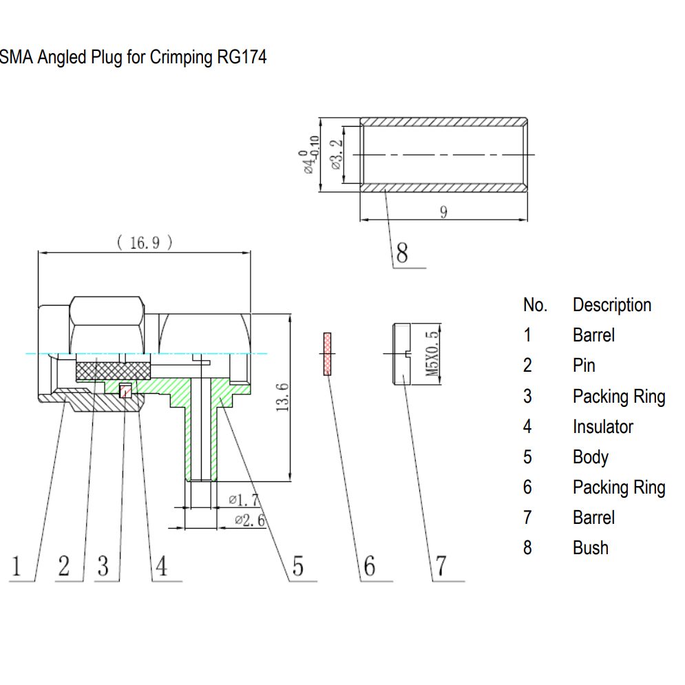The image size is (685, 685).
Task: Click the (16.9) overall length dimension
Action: coord(144,242)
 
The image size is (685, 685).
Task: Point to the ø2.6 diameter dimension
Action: coord(249,520)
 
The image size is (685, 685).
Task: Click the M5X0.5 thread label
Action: coord(432,353)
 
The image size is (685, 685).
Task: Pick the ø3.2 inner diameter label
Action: coord(336,155)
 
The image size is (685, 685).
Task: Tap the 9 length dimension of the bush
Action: coord(443,212)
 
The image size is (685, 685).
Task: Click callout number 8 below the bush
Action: coord(401,253)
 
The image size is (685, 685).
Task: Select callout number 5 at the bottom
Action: coord(297,566)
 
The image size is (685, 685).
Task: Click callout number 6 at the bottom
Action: coord(370,566)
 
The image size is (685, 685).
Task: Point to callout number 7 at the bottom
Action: coord(441,566)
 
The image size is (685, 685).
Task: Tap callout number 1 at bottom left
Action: coord(17,566)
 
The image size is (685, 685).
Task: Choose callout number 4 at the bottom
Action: coord(160,566)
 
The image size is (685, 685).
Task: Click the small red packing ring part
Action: coord(327,354)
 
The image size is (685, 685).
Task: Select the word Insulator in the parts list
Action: coord(602,427)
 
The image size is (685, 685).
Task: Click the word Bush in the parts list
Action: coord(590,548)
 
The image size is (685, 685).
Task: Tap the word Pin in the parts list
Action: coord(583,366)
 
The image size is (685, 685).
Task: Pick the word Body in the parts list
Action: coord(590,457)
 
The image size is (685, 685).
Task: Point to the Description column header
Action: coord(611,305)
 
